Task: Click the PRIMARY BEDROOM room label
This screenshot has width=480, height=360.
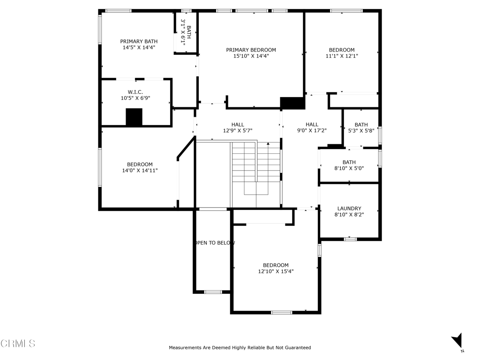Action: click(251, 50)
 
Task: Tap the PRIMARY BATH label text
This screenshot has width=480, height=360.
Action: click(139, 41)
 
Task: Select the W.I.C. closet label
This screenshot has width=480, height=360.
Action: click(135, 92)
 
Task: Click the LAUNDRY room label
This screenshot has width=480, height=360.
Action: click(349, 209)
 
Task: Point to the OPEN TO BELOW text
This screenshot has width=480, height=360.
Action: click(214, 243)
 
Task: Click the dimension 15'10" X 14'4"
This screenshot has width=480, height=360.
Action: click(251, 56)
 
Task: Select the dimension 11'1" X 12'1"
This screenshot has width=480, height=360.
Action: click(342, 56)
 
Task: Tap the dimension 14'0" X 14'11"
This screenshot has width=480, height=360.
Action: click(140, 171)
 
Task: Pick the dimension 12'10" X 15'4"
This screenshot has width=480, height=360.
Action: click(276, 271)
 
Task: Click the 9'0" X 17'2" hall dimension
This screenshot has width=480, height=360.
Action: click(312, 130)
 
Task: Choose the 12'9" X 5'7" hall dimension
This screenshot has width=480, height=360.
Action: click(238, 131)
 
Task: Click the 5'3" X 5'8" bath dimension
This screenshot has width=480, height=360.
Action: click(361, 131)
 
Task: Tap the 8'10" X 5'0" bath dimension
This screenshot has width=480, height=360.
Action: click(349, 168)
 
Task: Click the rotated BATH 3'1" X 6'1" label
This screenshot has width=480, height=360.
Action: click(186, 32)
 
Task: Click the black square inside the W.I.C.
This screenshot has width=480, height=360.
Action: click(134, 117)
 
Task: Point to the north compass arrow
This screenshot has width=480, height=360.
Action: click(457, 340)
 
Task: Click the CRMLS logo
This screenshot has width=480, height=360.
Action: click(18, 343)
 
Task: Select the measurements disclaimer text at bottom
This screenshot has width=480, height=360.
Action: click(240, 347)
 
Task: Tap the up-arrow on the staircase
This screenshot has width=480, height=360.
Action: click(268, 144)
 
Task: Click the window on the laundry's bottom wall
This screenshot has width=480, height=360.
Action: click(350, 239)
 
